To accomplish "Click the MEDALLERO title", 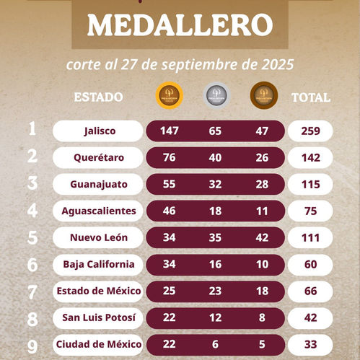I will (x=180, y=26).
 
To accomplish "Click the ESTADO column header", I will (x=99, y=97).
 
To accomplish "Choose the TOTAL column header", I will (x=311, y=97).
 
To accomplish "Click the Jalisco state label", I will (x=99, y=131).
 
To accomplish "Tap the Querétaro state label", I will (x=99, y=157).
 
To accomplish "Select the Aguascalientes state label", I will (x=99, y=211).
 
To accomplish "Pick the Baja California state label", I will (x=99, y=264).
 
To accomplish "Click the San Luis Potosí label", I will (x=99, y=317).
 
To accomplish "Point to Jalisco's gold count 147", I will (x=170, y=131).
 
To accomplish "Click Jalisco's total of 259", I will (x=311, y=131).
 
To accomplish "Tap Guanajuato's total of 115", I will (x=311, y=184).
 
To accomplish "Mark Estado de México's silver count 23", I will (x=216, y=291).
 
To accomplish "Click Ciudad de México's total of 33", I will (x=311, y=344).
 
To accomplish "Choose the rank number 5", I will (x=32, y=237).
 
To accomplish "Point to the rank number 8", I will (x=32, y=317).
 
